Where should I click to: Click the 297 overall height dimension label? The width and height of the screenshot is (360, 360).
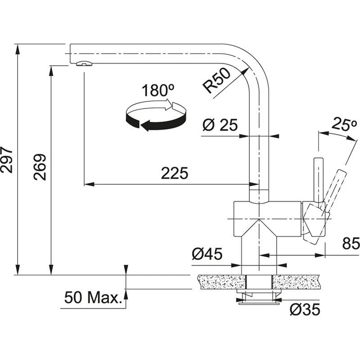(x=6, y=160)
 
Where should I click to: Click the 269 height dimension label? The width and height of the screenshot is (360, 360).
(x=41, y=167)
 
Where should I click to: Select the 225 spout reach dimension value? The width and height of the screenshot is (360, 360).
(x=175, y=173)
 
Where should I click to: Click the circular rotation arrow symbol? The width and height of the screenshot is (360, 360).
(x=155, y=116)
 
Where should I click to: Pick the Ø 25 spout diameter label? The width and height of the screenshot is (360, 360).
(x=220, y=126)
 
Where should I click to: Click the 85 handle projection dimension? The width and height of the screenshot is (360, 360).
(x=351, y=244)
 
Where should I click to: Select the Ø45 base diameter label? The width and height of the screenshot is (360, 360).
(x=207, y=255)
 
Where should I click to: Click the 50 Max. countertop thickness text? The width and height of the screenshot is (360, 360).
(x=94, y=297)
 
